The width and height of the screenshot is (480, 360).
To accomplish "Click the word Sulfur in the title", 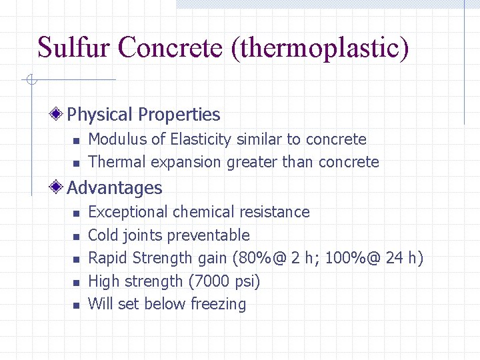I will [x=75, y=48].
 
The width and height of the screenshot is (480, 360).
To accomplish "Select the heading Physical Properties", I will [x=143, y=115].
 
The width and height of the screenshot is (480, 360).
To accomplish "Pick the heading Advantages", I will [x=115, y=188].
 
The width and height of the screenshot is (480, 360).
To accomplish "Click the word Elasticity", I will [x=198, y=139].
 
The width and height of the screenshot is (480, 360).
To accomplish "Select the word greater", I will [x=253, y=162].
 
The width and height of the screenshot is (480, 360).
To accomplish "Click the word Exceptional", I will [x=129, y=212].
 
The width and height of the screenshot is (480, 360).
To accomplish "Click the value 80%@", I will [x=266, y=258].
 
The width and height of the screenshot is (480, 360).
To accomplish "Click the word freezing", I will [x=218, y=304].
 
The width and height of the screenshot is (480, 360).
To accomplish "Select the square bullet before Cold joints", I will [x=77, y=236].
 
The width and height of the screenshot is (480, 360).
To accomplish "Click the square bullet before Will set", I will [x=77, y=305].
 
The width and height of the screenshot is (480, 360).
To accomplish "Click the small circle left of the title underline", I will [x=30, y=81].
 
